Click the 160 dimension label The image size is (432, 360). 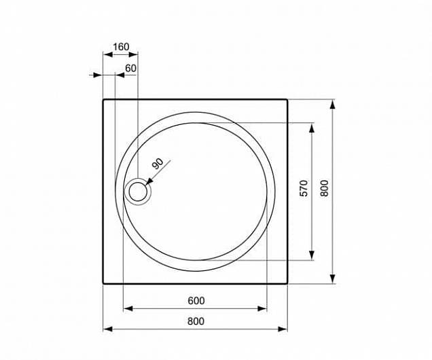click(x=120, y=47)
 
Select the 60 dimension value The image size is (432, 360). click(x=130, y=68)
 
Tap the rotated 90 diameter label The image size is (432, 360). click(x=158, y=164)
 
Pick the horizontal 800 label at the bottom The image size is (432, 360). click(x=196, y=321)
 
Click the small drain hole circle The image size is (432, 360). click(x=138, y=192)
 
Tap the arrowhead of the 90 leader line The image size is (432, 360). click(x=147, y=182)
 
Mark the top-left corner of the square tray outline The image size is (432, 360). click(x=103, y=100)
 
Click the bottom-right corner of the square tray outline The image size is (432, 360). click(x=287, y=283)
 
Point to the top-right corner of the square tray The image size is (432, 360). click(x=287, y=100)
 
